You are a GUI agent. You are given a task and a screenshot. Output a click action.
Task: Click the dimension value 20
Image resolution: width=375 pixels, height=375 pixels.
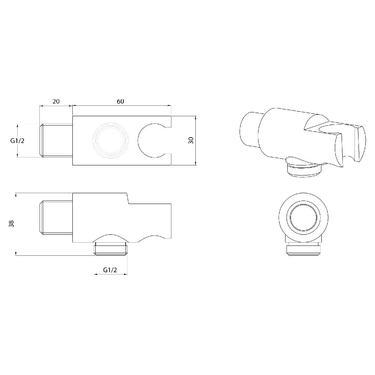(56, 102)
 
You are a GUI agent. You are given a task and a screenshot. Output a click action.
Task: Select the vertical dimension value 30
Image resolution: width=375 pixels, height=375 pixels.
(191, 141)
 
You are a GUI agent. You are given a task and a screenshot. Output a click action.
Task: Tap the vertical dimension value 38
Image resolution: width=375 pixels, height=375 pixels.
(11, 224)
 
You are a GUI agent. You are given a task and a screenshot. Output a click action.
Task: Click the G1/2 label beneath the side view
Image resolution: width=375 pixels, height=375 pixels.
(110, 270)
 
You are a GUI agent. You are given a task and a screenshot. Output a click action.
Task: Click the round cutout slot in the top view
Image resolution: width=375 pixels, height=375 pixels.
(152, 141)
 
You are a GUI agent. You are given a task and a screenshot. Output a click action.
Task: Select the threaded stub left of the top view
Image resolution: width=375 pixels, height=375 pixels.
(56, 141)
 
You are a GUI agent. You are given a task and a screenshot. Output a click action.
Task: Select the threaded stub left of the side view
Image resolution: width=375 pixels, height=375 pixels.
(56, 218)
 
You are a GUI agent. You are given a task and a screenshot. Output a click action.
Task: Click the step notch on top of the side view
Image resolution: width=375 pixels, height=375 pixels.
(127, 199)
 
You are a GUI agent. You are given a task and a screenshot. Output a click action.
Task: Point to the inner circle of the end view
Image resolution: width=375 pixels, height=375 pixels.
(304, 218)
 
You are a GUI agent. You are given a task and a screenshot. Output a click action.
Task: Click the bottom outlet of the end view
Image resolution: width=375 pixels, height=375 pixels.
(304, 250)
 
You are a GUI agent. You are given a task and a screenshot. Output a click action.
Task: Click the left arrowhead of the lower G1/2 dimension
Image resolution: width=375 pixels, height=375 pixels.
(94, 274)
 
